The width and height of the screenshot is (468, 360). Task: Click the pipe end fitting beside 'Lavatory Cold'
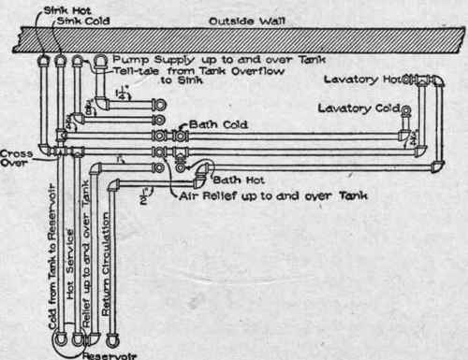coord(405,112)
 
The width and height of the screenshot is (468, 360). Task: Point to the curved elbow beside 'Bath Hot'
coord(203,168)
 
